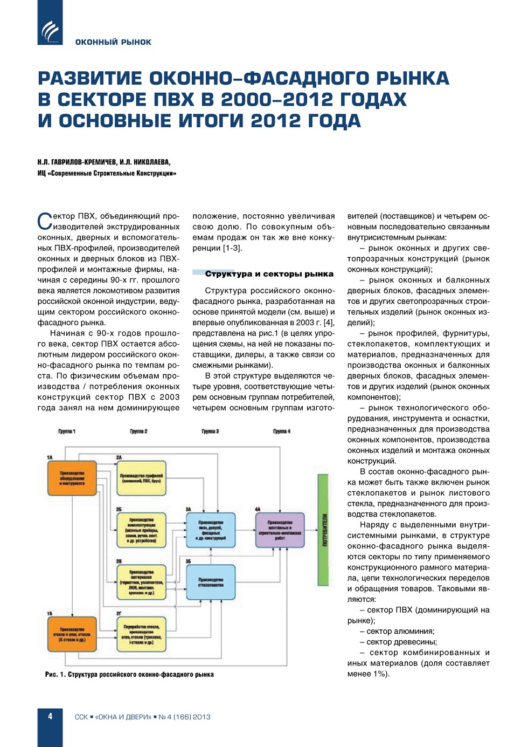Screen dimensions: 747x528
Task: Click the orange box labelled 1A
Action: pos(72,478)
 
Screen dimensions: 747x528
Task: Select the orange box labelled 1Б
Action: pos(72,634)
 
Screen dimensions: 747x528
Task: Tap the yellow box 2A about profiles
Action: pos(141,478)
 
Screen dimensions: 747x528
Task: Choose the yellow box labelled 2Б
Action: pos(141,530)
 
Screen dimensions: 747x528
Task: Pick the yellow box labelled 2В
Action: pos(141,582)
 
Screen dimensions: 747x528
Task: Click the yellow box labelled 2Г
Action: pos(141,634)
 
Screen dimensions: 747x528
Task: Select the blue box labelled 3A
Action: pos(211,530)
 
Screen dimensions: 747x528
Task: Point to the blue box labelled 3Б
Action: pos(211,582)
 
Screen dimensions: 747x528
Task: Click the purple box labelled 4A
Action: pos(280,530)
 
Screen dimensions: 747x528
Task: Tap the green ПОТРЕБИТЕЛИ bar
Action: pos(323,530)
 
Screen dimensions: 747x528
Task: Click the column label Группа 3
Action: pos(210,431)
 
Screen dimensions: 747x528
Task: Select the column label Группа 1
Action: pos(67,431)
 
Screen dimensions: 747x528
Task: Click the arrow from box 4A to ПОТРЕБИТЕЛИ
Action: pos(311,530)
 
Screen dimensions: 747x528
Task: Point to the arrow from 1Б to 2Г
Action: pos(106,634)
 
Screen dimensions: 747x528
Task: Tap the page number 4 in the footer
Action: pos(50,716)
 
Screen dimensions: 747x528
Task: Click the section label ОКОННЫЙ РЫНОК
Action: pos(113,42)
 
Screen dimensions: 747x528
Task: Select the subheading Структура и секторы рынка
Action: pos(269,274)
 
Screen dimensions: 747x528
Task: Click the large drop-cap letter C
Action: pos(44,222)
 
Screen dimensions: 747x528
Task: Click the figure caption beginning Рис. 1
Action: pos(129,674)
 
